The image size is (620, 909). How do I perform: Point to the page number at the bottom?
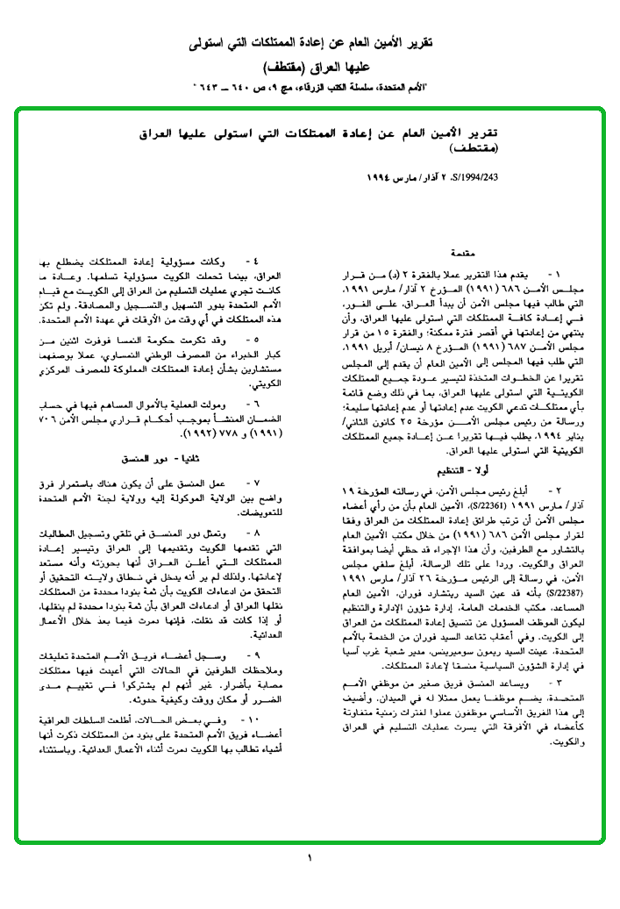310,857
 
